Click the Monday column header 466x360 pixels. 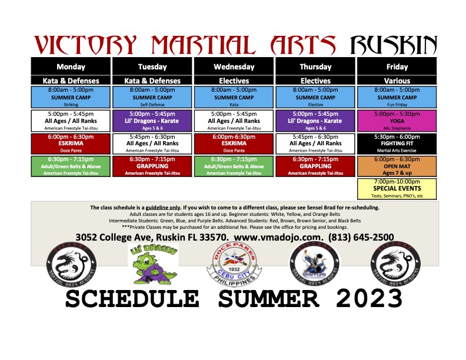point(71,67)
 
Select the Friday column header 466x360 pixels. point(397,67)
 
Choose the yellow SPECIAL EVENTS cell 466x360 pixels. point(397,189)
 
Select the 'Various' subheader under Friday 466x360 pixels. point(397,81)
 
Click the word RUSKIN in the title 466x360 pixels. point(393,44)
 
